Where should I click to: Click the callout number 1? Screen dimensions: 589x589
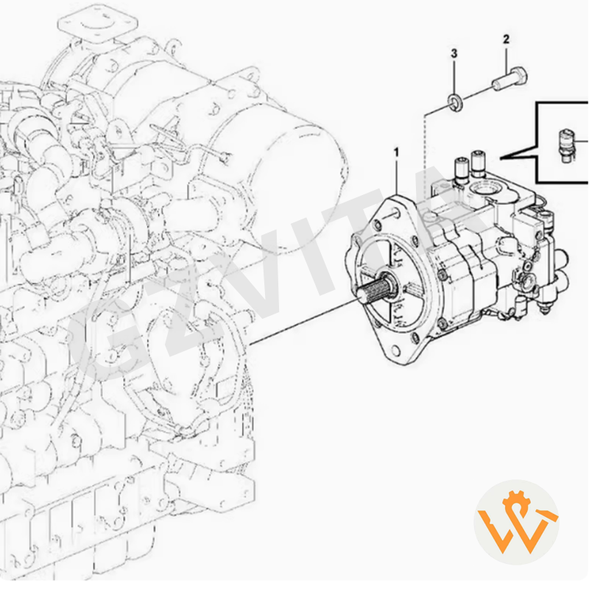pos(396,152)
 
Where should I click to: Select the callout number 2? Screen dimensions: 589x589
pos(506,38)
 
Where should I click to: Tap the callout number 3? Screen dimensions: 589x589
pos(454,54)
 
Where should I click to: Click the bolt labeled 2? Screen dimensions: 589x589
pos(507,79)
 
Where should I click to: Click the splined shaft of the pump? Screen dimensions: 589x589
pos(375,287)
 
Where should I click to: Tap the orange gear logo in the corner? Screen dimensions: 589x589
pos(516,522)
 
